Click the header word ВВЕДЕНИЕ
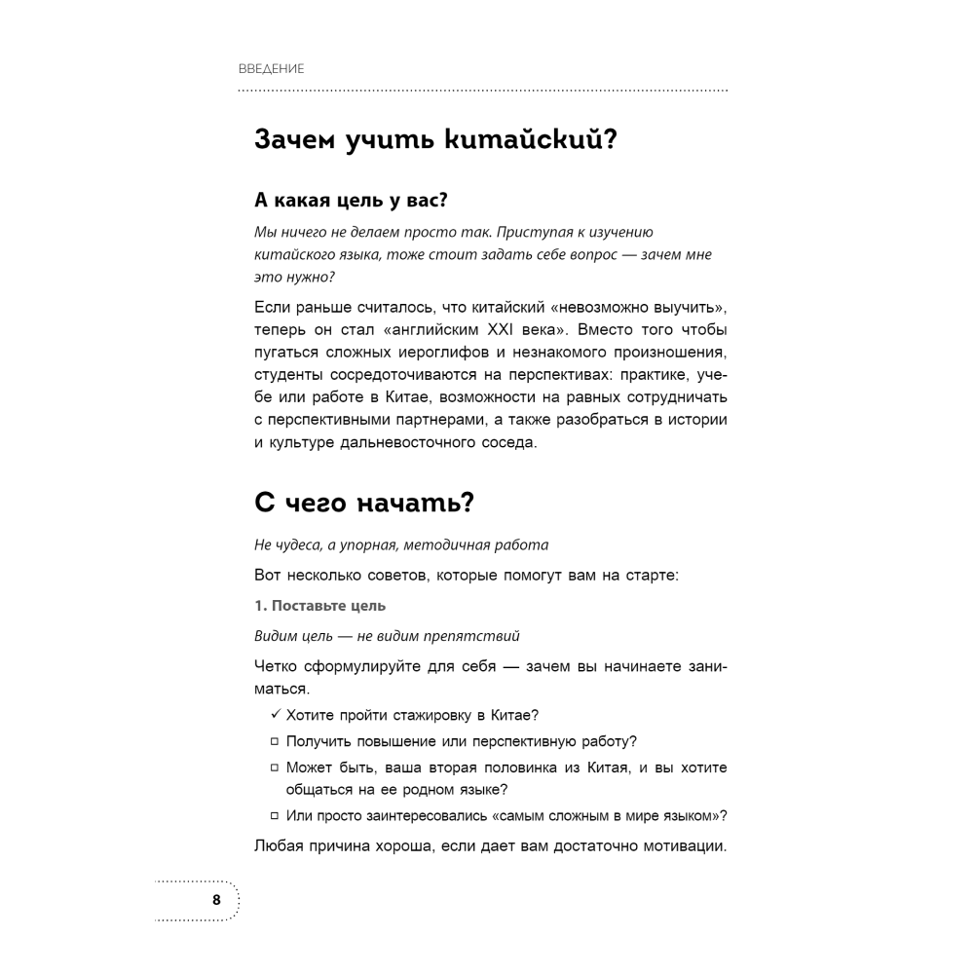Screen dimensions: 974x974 click(x=272, y=69)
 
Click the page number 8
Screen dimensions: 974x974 click(x=216, y=899)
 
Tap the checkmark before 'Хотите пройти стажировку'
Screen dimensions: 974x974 click(x=277, y=714)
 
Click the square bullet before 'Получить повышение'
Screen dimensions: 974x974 click(x=276, y=742)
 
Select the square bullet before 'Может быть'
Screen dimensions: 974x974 click(x=276, y=768)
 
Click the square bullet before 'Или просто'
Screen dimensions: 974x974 click(x=276, y=816)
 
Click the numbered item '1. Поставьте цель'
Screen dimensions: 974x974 click(x=319, y=606)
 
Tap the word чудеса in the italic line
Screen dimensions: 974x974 click(x=296, y=545)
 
